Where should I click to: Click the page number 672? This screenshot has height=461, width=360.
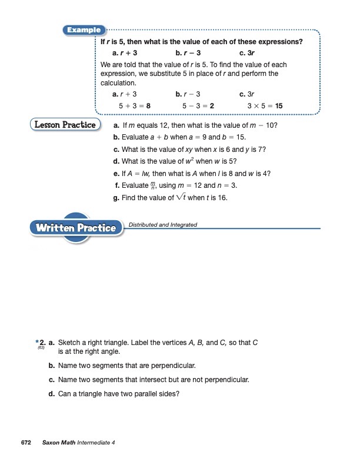coord(26,442)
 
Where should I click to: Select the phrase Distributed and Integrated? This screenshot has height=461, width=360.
coord(162,224)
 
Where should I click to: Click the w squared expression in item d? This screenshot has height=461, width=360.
coord(183,161)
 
